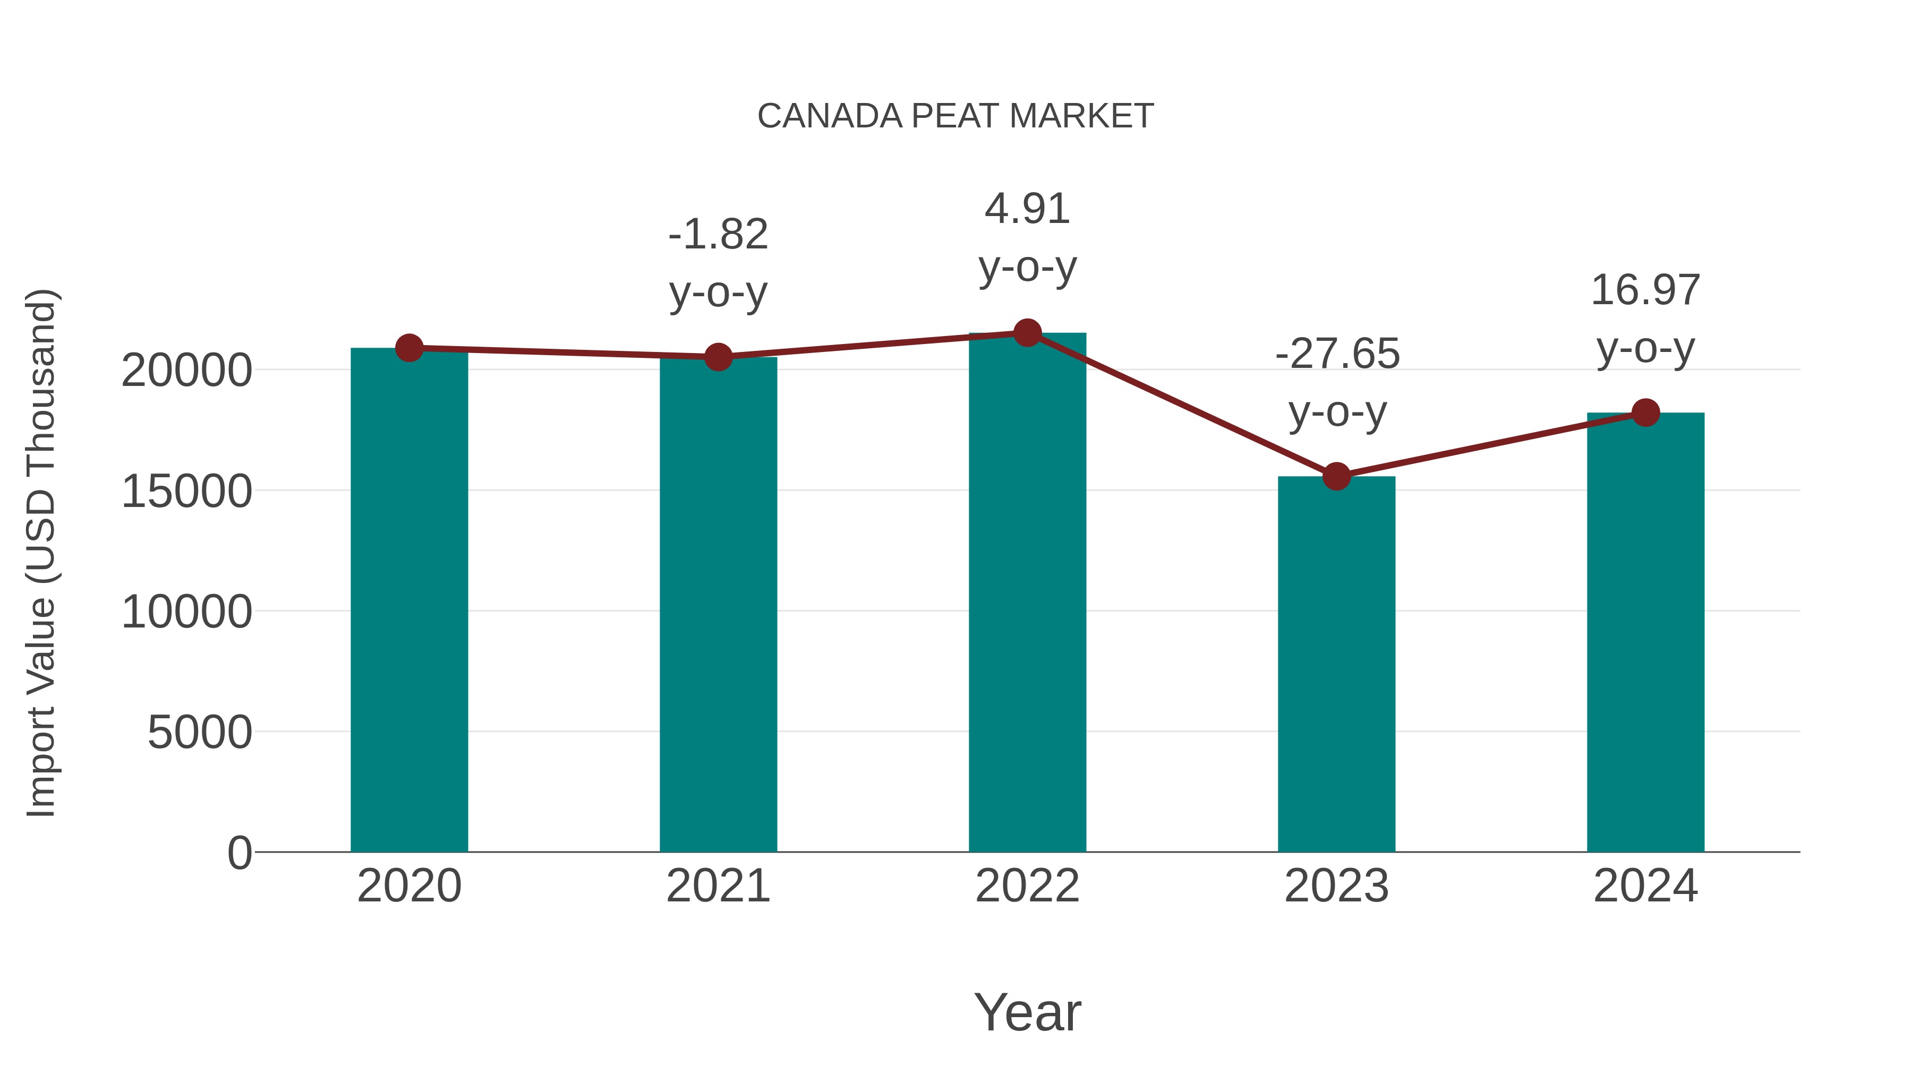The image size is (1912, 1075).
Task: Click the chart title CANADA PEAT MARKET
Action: tap(955, 116)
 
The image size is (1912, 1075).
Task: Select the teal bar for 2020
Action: tap(409, 601)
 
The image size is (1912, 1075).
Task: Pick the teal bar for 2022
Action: tap(1027, 594)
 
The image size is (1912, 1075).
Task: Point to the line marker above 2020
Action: tap(409, 347)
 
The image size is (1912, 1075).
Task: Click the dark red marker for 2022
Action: tap(1027, 333)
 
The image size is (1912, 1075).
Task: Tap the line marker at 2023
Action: tap(1336, 476)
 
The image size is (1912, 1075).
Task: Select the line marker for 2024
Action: tap(1645, 412)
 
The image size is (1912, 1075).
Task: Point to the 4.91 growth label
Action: tap(1027, 237)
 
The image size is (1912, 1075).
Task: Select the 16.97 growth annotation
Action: tap(1645, 319)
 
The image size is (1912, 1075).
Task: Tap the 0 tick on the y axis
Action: tap(240, 853)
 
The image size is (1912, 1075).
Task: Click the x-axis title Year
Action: tap(1027, 1012)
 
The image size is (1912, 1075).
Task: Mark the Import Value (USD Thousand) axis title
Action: tap(41, 553)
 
